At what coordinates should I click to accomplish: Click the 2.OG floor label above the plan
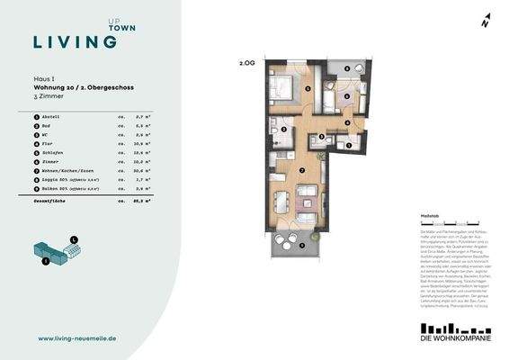pos(247,65)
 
